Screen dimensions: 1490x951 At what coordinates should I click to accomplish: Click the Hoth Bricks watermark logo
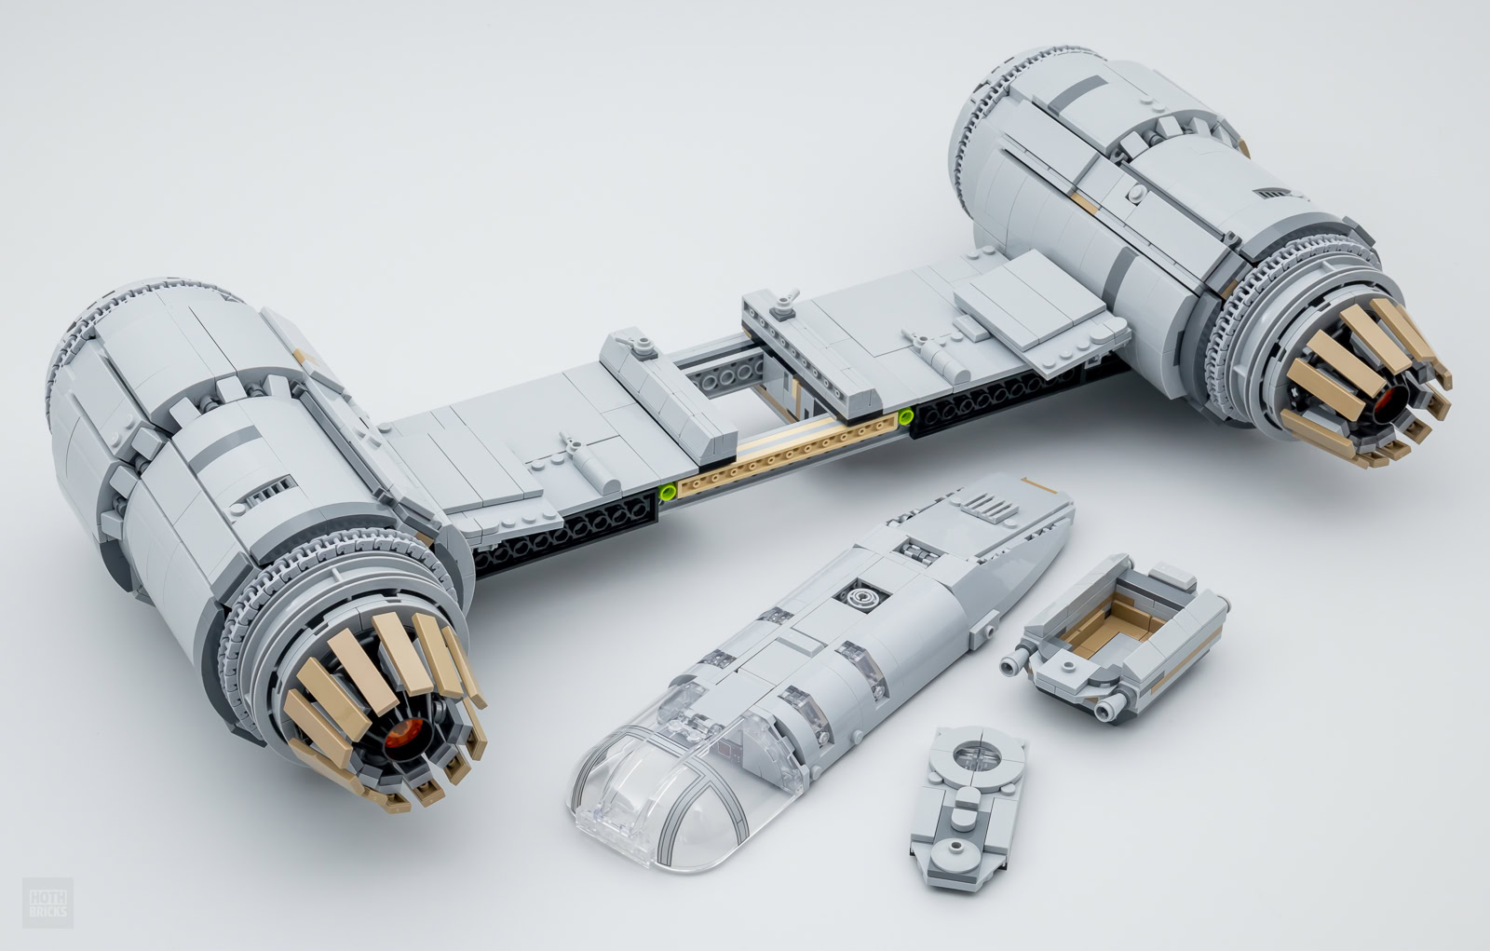[x=47, y=903]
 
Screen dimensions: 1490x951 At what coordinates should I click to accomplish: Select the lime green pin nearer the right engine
[x=905, y=417]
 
